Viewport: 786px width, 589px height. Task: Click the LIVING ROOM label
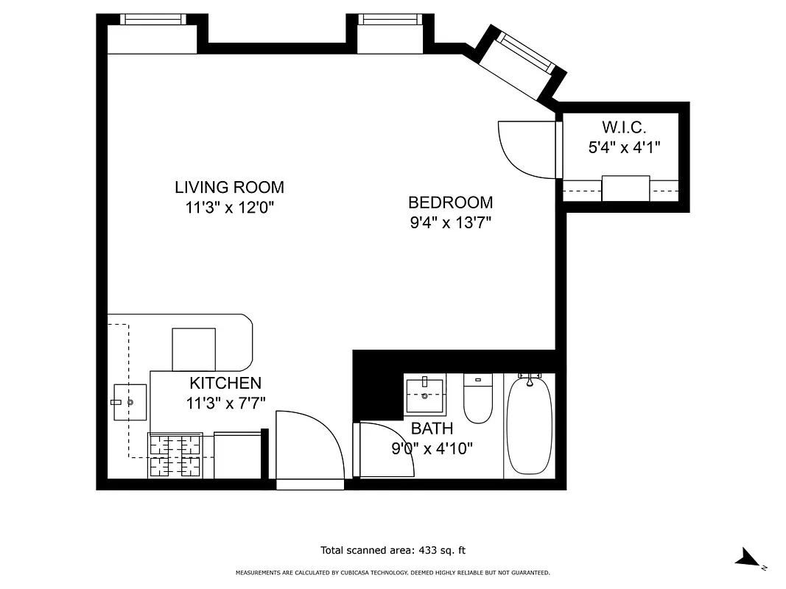[x=229, y=187]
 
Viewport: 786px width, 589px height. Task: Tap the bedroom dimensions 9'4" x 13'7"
[x=450, y=222]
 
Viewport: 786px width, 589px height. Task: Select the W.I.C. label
[x=623, y=127]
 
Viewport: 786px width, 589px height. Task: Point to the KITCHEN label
[x=225, y=383]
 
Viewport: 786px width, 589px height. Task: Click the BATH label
[x=432, y=428]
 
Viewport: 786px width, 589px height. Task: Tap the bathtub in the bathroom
[x=529, y=426]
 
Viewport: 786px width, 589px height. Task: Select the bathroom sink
[x=426, y=396]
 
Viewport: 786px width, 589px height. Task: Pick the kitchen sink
[x=130, y=402]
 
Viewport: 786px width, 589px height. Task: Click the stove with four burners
[x=175, y=455]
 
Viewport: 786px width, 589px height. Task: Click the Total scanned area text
[x=393, y=550]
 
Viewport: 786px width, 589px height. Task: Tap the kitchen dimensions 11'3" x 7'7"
[x=225, y=403]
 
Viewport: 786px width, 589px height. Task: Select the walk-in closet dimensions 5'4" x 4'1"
[x=623, y=147]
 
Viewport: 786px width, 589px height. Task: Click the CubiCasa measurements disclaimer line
[x=393, y=572]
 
